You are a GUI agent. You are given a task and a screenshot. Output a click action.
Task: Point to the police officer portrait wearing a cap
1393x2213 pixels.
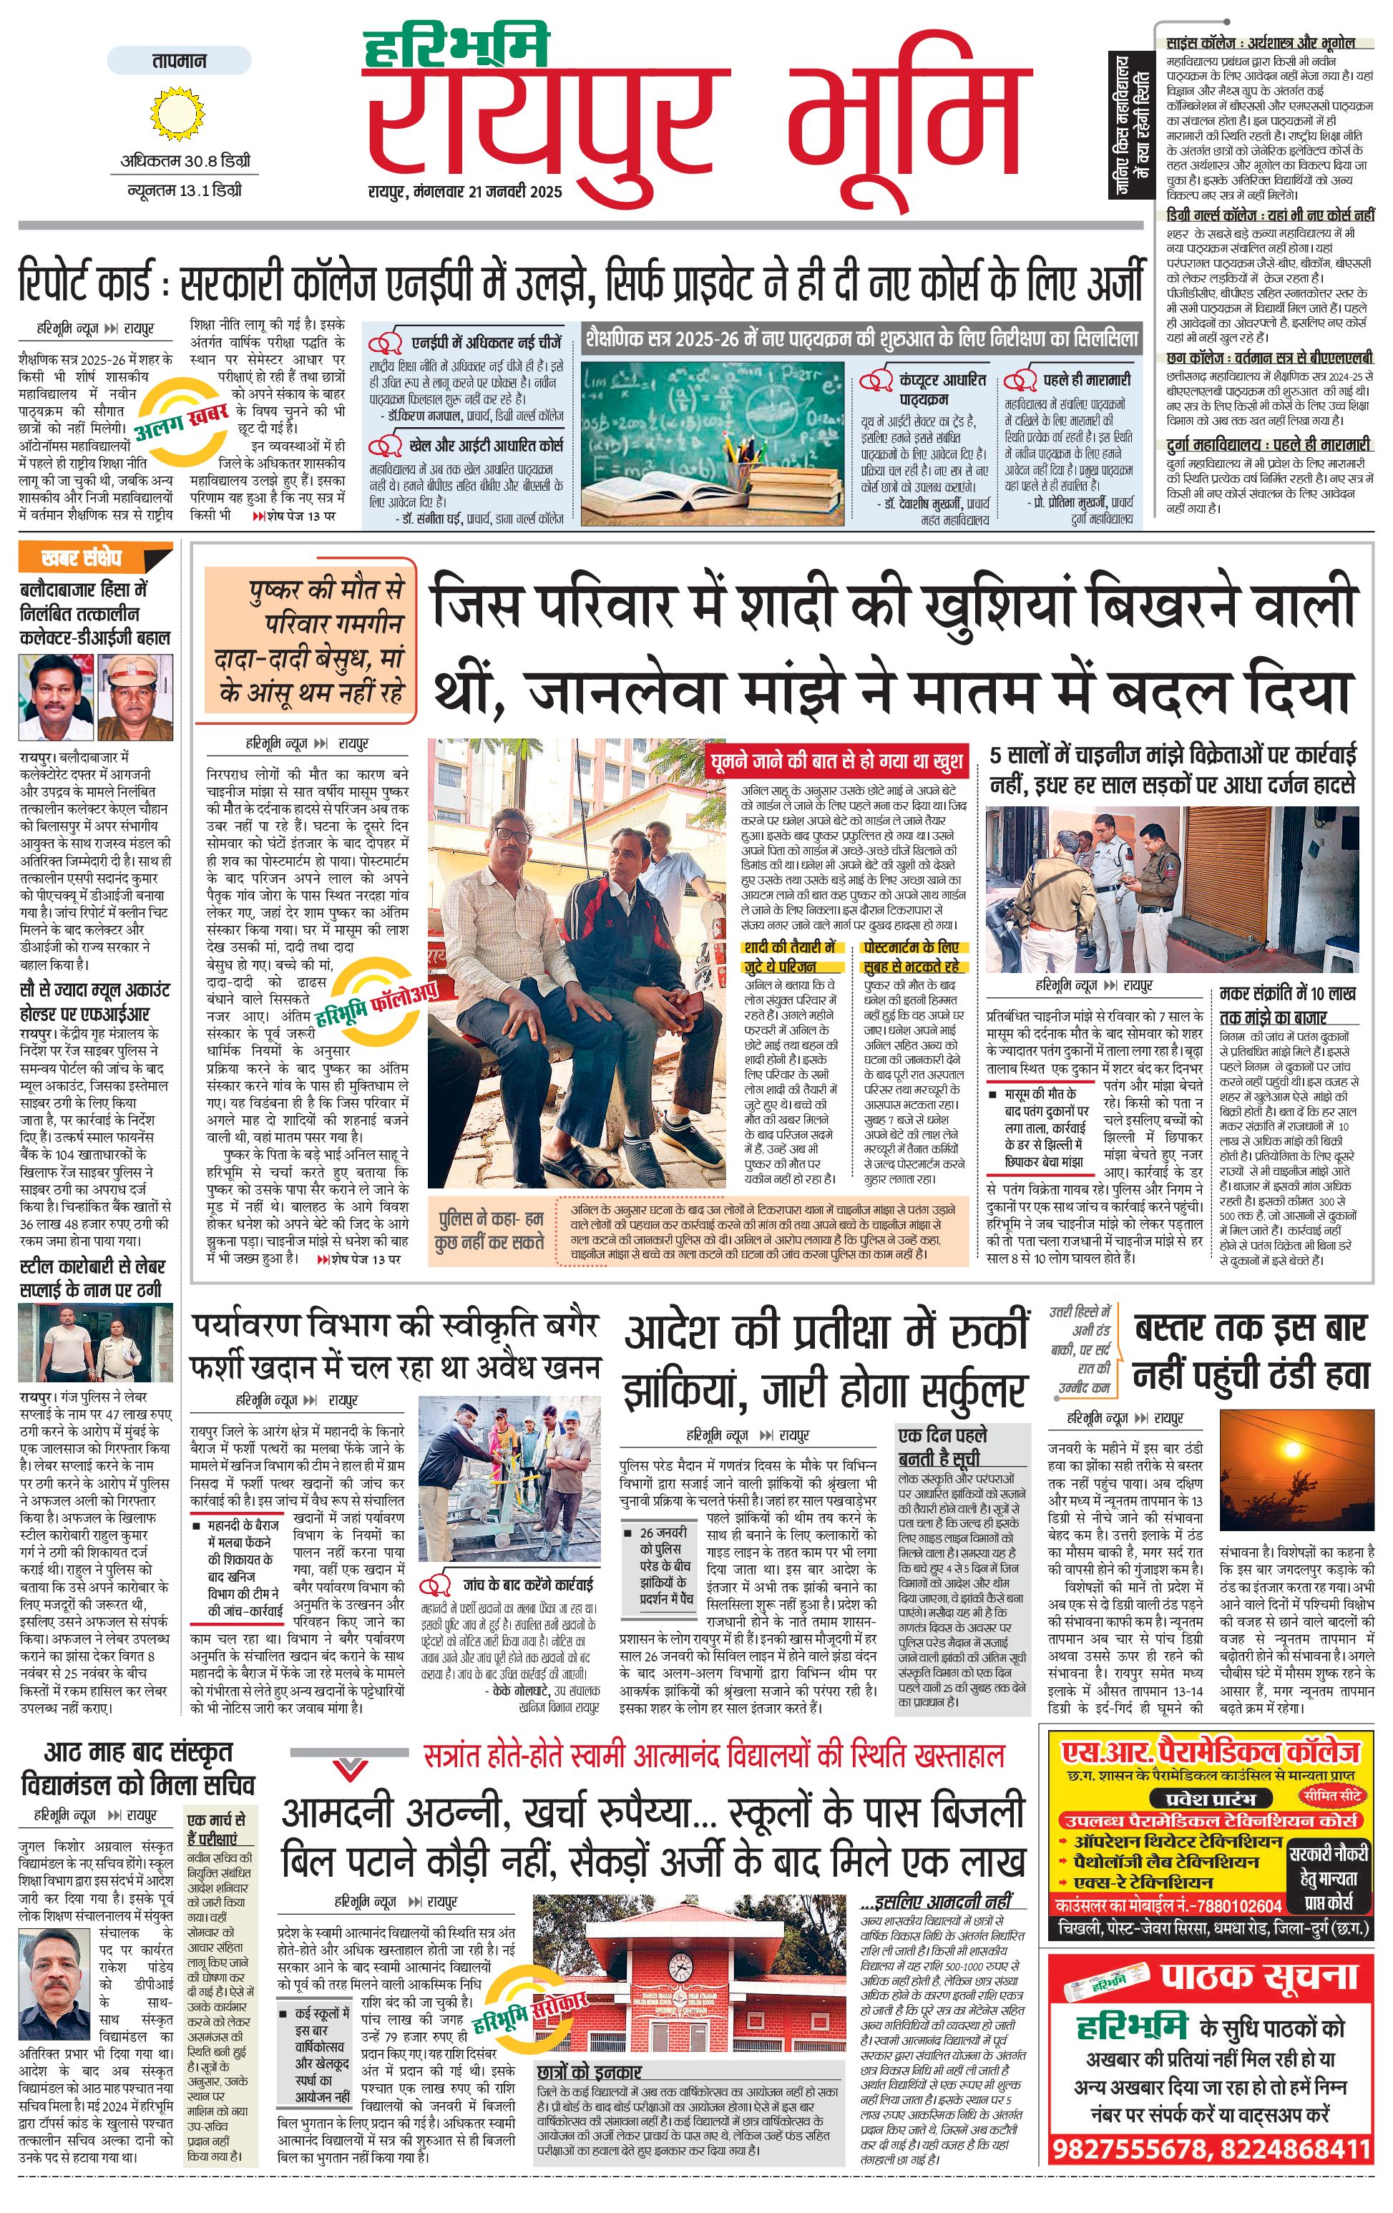point(135,698)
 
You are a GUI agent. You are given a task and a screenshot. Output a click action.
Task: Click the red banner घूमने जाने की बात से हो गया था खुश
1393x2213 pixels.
point(836,760)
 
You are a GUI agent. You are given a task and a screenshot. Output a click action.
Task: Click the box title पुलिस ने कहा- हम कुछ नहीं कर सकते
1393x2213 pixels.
point(490,1230)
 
